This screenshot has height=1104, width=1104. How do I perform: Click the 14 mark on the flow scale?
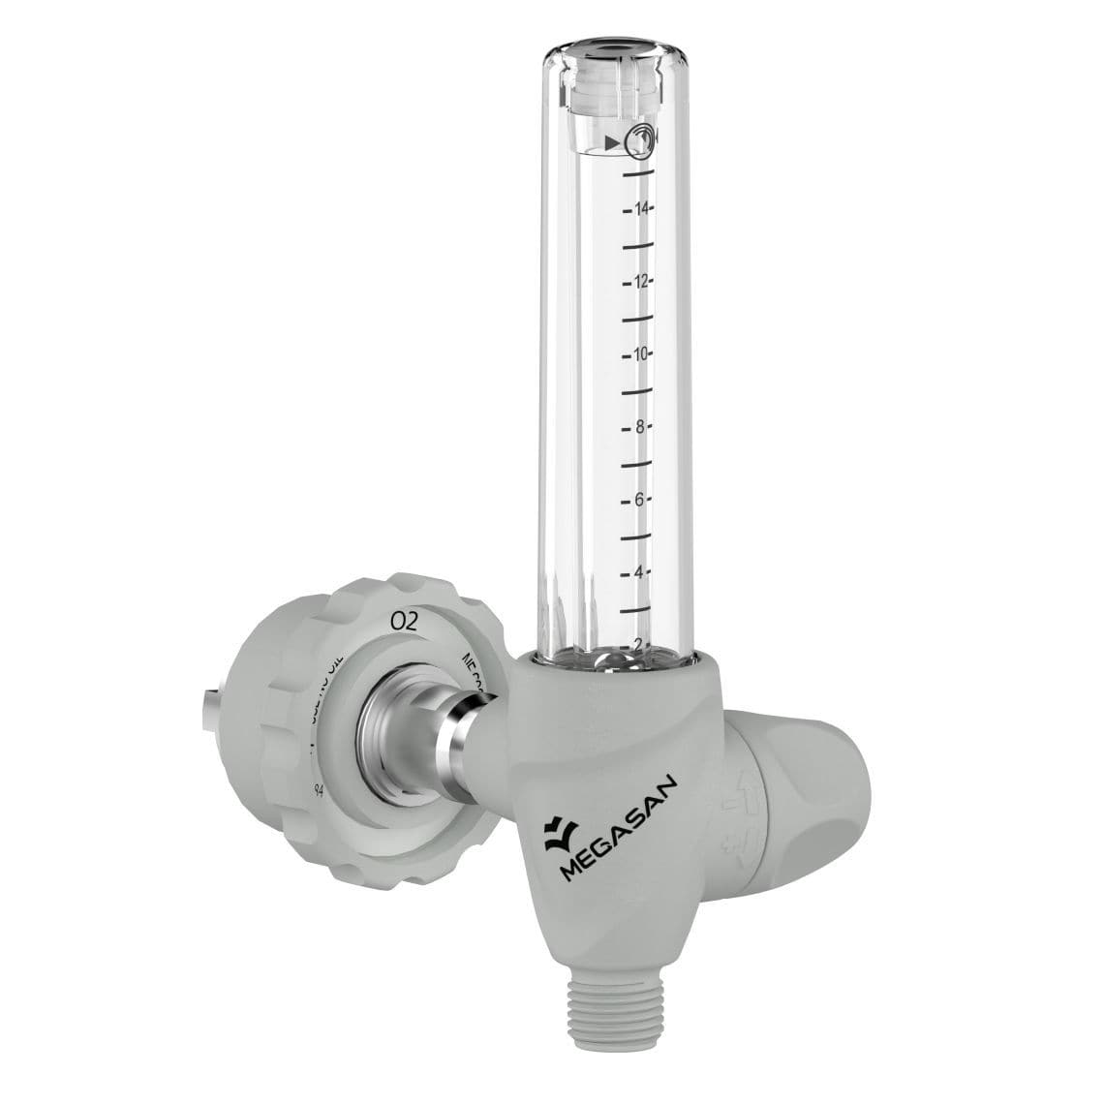pyautogui.click(x=641, y=209)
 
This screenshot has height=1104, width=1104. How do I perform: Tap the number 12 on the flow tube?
pyautogui.click(x=641, y=282)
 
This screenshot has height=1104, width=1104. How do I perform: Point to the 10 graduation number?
pyautogui.click(x=641, y=354)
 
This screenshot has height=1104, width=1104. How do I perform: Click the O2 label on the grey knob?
pyautogui.click(x=403, y=622)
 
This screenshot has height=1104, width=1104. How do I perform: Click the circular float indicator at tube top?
pyautogui.click(x=639, y=143)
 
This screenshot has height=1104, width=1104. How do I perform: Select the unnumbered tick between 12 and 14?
pyautogui.click(x=635, y=246)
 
